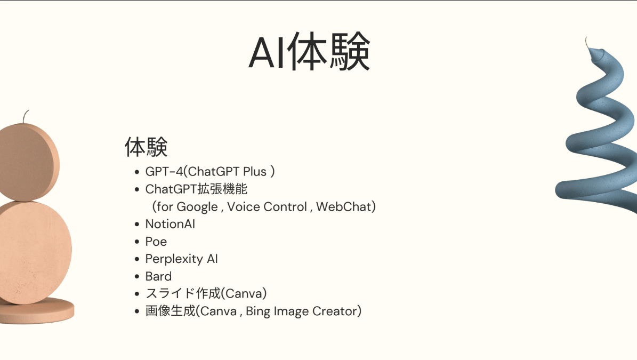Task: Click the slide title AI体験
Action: coord(309,53)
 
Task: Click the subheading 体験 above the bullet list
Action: coord(146,147)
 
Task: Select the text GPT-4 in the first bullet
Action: coord(164,172)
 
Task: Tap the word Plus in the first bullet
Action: coord(255,172)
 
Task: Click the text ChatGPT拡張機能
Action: coord(196,189)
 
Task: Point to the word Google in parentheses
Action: coord(197,206)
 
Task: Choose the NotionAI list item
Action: coord(170,224)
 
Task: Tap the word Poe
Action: coord(156,242)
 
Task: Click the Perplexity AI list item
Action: coord(181,259)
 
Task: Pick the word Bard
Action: coord(158,276)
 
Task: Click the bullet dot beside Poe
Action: coord(137,242)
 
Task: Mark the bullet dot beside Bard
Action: coord(137,277)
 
